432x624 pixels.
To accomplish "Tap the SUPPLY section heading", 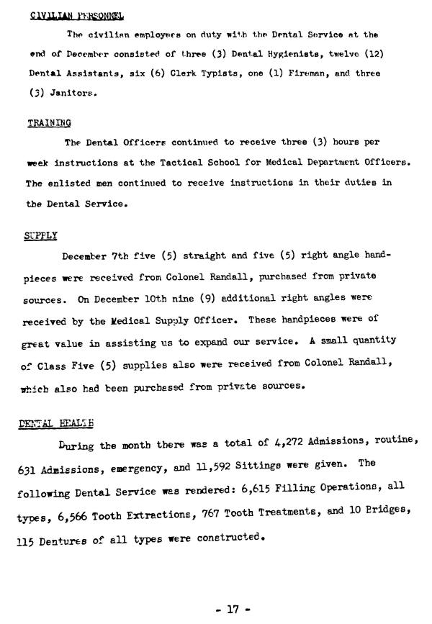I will pos(40,235).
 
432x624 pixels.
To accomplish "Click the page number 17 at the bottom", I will pos(232,608).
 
